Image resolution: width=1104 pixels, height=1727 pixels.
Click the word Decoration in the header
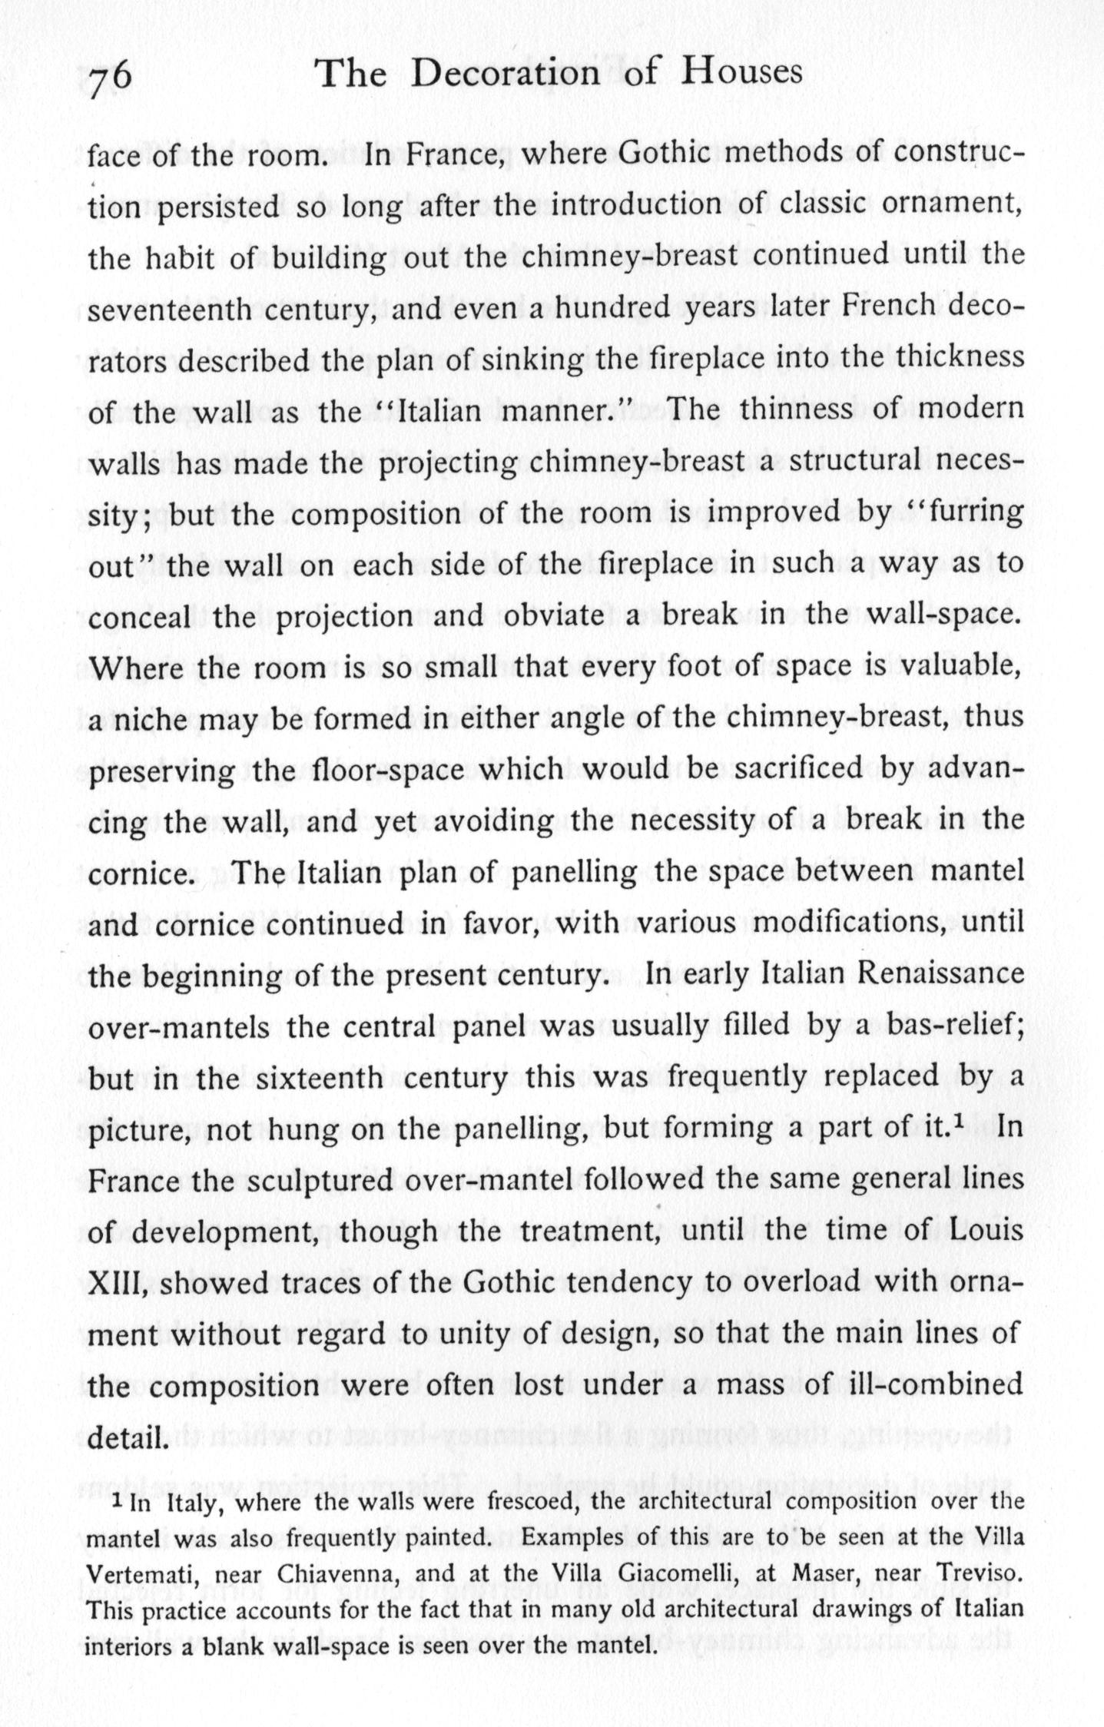pos(504,75)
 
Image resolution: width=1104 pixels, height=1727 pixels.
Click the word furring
pos(973,512)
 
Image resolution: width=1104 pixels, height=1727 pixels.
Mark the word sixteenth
pos(319,1078)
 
